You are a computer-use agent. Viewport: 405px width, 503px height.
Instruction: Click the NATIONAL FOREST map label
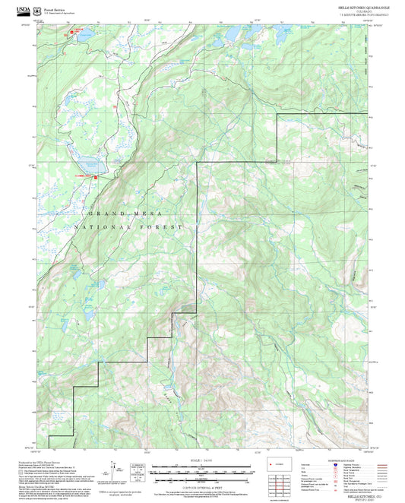(x=130, y=227)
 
